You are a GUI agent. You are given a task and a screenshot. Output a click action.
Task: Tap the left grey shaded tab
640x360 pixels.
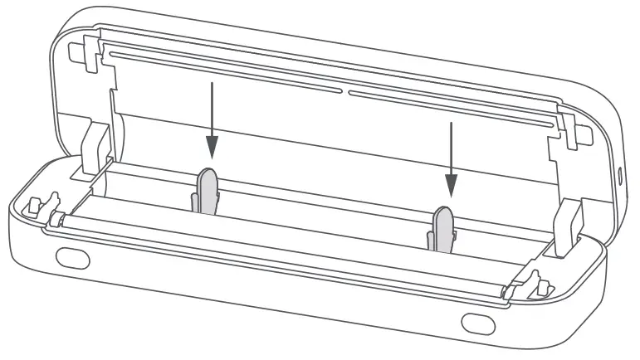tap(207, 190)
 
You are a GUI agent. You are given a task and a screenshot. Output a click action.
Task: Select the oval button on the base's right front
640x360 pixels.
tap(476, 321)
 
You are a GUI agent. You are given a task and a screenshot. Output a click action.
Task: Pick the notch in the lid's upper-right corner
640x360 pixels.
tap(570, 124)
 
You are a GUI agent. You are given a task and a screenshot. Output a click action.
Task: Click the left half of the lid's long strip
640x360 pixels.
tap(224, 70)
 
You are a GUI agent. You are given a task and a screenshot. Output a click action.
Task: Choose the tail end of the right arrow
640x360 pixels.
tap(451, 124)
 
